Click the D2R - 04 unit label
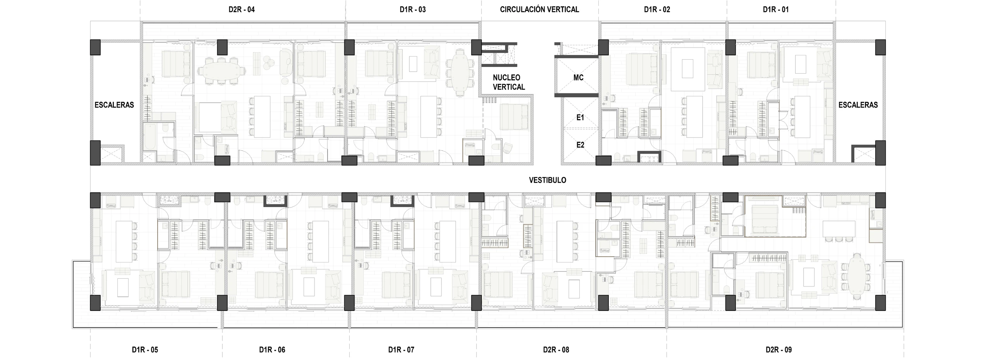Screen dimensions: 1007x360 [242, 9]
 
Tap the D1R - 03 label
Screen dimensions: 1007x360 [412, 9]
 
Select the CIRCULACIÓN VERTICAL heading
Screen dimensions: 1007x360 [539, 9]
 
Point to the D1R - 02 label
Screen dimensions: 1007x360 [657, 9]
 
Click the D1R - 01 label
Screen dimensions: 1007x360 [775, 9]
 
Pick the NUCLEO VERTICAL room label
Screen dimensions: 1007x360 [509, 82]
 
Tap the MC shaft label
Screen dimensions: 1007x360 [579, 78]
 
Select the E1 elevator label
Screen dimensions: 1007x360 [580, 117]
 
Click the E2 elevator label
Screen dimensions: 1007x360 [580, 145]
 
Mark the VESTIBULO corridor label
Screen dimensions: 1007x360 [547, 180]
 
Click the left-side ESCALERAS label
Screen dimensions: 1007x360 [114, 105]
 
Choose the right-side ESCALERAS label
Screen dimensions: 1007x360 [858, 105]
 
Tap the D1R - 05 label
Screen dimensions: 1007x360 [144, 350]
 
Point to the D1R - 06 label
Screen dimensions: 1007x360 [272, 350]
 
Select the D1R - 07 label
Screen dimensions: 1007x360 [401, 350]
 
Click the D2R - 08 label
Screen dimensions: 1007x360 [556, 350]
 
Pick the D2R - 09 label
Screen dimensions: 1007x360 [779, 350]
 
